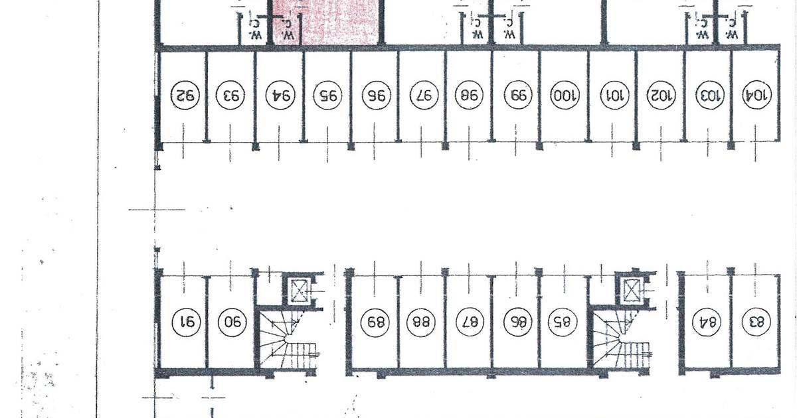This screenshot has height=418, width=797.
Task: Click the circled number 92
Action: (x=185, y=96)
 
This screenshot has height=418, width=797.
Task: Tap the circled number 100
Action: (x=565, y=96)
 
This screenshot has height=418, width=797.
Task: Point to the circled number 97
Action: (x=424, y=96)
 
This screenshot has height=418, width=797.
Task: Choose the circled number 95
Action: (x=327, y=96)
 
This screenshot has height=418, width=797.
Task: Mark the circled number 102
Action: (x=661, y=96)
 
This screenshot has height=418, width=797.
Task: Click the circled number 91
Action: (x=186, y=322)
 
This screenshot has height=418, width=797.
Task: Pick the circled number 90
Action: (x=232, y=322)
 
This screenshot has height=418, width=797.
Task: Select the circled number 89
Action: (x=375, y=322)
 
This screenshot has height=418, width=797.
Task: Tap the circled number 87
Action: (x=470, y=322)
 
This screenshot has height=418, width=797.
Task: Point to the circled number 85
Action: (x=562, y=322)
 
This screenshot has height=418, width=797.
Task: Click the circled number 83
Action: (x=756, y=322)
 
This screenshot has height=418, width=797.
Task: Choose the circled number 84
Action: (x=706, y=322)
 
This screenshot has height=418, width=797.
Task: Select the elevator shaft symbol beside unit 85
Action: (x=632, y=291)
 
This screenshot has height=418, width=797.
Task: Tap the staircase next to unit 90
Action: (x=288, y=340)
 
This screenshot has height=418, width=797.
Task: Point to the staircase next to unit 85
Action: (x=621, y=340)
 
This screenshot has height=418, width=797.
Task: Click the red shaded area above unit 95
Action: (x=325, y=22)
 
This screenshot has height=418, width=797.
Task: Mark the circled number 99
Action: (x=518, y=96)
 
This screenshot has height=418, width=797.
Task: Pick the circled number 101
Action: (x=614, y=96)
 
